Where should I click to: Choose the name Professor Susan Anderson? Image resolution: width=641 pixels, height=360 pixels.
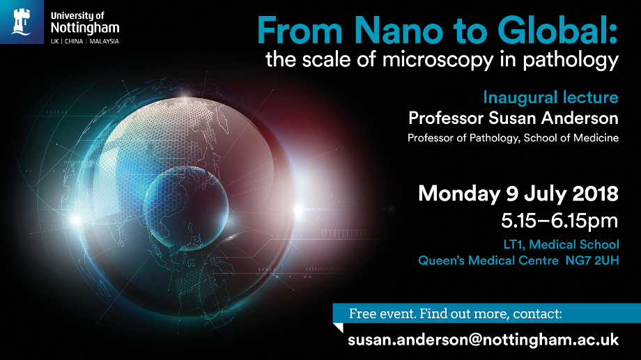[513, 117]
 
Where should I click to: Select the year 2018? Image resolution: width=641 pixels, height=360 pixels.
[592, 193]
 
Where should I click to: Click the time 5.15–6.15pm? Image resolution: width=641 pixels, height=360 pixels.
[559, 221]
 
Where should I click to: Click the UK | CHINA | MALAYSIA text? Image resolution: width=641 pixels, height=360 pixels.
[85, 41]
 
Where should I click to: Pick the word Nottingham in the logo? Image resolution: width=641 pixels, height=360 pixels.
[85, 28]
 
